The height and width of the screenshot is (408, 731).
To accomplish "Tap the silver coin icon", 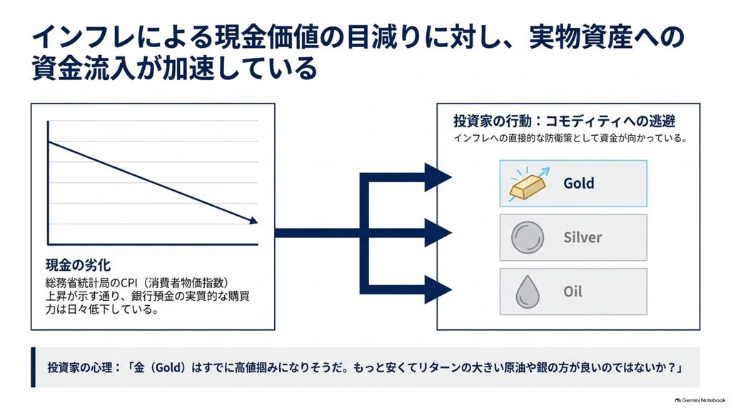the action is click(528, 238).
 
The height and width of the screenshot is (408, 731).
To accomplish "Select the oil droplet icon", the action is click(528, 292).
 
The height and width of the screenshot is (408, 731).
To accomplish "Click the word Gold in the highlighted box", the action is click(578, 183).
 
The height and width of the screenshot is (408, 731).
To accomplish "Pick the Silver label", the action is click(583, 237).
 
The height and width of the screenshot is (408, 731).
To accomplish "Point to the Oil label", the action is click(573, 292).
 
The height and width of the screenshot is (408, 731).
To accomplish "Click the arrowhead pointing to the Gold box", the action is click(438, 177).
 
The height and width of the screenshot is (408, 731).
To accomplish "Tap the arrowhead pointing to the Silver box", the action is click(438, 233).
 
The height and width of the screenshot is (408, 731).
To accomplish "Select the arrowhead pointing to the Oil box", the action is click(438, 290).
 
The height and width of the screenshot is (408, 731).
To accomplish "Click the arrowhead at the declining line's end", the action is click(253, 220).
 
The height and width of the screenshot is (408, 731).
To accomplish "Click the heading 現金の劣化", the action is click(78, 265).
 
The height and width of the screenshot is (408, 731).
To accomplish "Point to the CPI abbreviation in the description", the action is click(129, 283).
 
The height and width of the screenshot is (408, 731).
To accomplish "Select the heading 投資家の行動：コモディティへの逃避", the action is click(565, 121).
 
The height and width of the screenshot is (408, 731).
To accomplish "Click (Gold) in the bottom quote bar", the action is click(168, 367).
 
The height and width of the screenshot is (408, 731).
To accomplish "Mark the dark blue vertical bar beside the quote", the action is click(33, 367).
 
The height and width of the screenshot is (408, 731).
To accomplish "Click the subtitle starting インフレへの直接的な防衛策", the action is click(570, 138).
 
